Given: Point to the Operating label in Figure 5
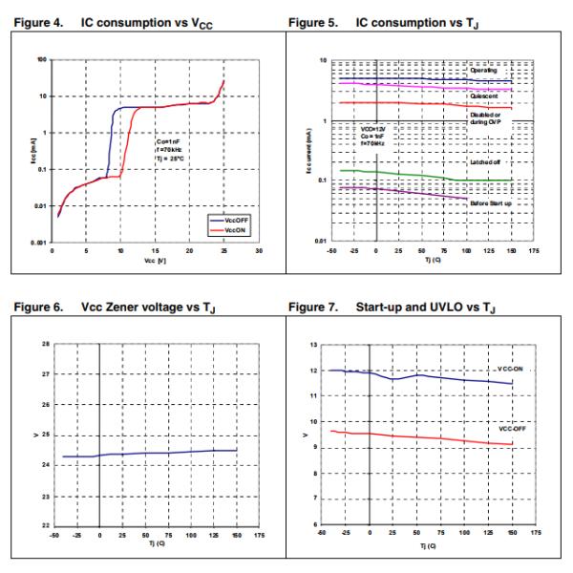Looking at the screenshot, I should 485,71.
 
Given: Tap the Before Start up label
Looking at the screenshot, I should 489,204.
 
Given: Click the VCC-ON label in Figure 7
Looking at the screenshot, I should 510,368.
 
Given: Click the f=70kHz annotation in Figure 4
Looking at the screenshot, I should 170,149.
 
